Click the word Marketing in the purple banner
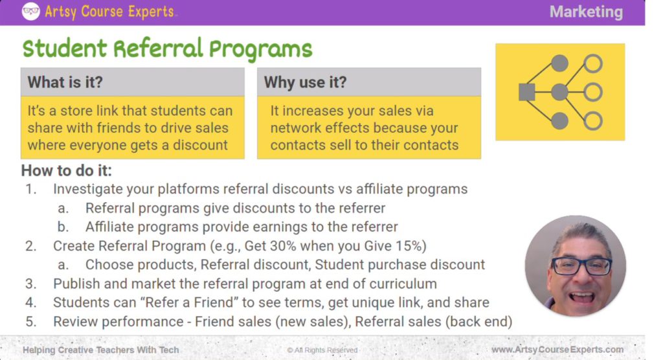point(586,12)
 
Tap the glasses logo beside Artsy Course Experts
point(30,11)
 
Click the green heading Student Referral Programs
point(167,49)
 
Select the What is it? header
point(65,82)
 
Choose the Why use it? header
point(305,82)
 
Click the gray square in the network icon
point(526,93)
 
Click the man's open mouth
point(581,296)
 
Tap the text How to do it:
point(66,171)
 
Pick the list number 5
point(30,322)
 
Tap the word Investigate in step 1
point(91,190)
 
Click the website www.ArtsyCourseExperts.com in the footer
point(557,350)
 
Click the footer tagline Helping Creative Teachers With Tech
point(100,350)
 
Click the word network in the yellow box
point(297,128)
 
